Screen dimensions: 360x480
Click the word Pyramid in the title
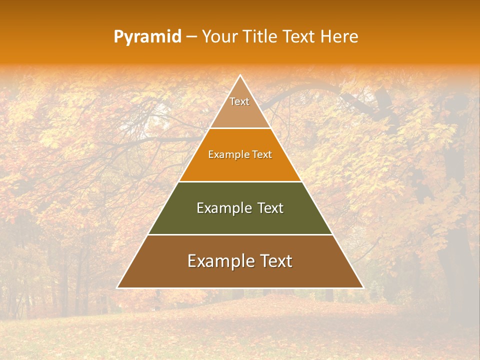click(x=147, y=37)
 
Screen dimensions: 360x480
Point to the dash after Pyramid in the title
click(x=191, y=37)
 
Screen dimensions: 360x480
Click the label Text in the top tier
click(x=239, y=101)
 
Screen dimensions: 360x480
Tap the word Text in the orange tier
click(x=262, y=155)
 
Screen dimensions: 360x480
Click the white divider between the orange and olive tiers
click(x=240, y=181)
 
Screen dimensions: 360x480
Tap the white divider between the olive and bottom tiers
click(x=240, y=234)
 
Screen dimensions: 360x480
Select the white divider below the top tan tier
click(x=240, y=128)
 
